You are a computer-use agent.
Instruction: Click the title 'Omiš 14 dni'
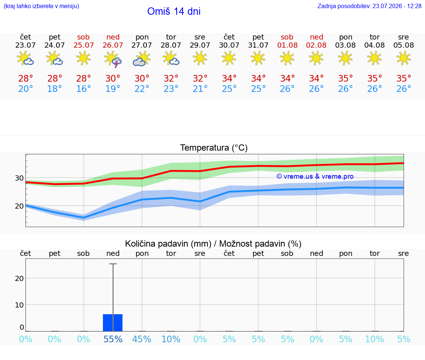click(x=174, y=11)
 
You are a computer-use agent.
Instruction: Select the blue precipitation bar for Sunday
click(x=113, y=323)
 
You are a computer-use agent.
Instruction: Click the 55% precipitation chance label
click(x=113, y=339)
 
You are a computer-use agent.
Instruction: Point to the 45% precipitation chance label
click(x=142, y=339)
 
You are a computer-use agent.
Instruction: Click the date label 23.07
click(x=25, y=45)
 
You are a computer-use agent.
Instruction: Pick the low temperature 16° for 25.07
click(x=83, y=89)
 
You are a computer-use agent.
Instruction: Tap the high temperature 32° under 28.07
click(x=171, y=78)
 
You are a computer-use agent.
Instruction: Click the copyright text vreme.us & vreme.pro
click(x=315, y=176)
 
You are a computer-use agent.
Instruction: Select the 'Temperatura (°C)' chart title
click(x=214, y=148)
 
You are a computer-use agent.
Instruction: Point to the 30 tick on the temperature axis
click(x=19, y=178)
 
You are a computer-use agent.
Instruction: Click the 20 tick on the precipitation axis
click(x=19, y=278)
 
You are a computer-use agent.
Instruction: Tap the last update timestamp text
click(x=370, y=6)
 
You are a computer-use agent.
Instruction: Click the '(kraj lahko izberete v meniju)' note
click(x=41, y=6)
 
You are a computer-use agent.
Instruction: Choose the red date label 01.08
click(x=287, y=45)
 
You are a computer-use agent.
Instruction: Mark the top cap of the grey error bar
click(x=113, y=264)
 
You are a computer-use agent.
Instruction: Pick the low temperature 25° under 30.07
click(x=229, y=89)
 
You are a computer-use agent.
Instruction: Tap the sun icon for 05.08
click(x=404, y=58)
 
